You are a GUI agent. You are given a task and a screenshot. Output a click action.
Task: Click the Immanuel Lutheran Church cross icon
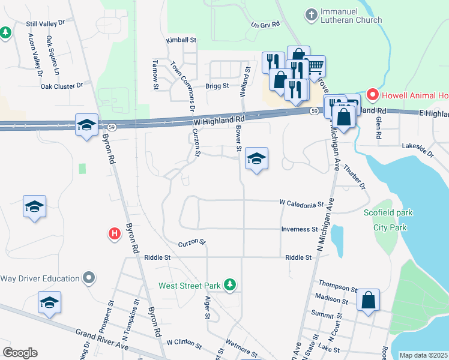(311, 14)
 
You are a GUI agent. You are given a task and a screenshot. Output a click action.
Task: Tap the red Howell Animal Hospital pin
(372, 95)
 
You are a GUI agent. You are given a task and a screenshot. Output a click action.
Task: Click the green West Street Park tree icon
(228, 285)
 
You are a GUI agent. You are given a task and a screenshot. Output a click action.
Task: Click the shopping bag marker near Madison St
(368, 301)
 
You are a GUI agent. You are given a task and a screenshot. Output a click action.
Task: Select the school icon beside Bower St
(256, 159)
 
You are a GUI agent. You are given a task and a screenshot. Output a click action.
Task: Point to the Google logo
(20, 353)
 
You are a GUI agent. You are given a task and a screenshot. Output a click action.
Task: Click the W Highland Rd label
(220, 121)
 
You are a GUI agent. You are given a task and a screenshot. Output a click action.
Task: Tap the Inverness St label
(300, 229)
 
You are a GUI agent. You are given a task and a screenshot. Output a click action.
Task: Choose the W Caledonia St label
(301, 203)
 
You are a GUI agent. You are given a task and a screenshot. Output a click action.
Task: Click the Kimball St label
(182, 40)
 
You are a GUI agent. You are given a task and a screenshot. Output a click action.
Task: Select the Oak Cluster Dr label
(62, 86)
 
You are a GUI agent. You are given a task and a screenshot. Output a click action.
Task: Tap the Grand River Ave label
(102, 340)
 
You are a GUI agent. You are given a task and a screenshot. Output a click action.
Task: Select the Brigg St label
(217, 86)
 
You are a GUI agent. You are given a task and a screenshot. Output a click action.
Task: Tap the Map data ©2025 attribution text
(423, 355)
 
